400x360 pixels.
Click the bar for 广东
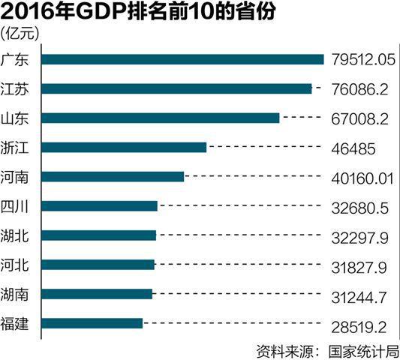(x=182, y=59)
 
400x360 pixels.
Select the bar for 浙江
(x=124, y=147)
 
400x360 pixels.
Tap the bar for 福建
(x=92, y=323)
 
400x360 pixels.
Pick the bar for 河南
(x=113, y=176)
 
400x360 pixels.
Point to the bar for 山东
(x=161, y=118)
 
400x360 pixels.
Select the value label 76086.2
(x=359, y=89)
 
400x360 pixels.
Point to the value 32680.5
(x=359, y=207)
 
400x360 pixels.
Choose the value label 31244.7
(x=359, y=295)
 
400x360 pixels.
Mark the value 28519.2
(x=359, y=325)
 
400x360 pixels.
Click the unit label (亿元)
(x=23, y=33)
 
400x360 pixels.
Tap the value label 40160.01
(x=362, y=178)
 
